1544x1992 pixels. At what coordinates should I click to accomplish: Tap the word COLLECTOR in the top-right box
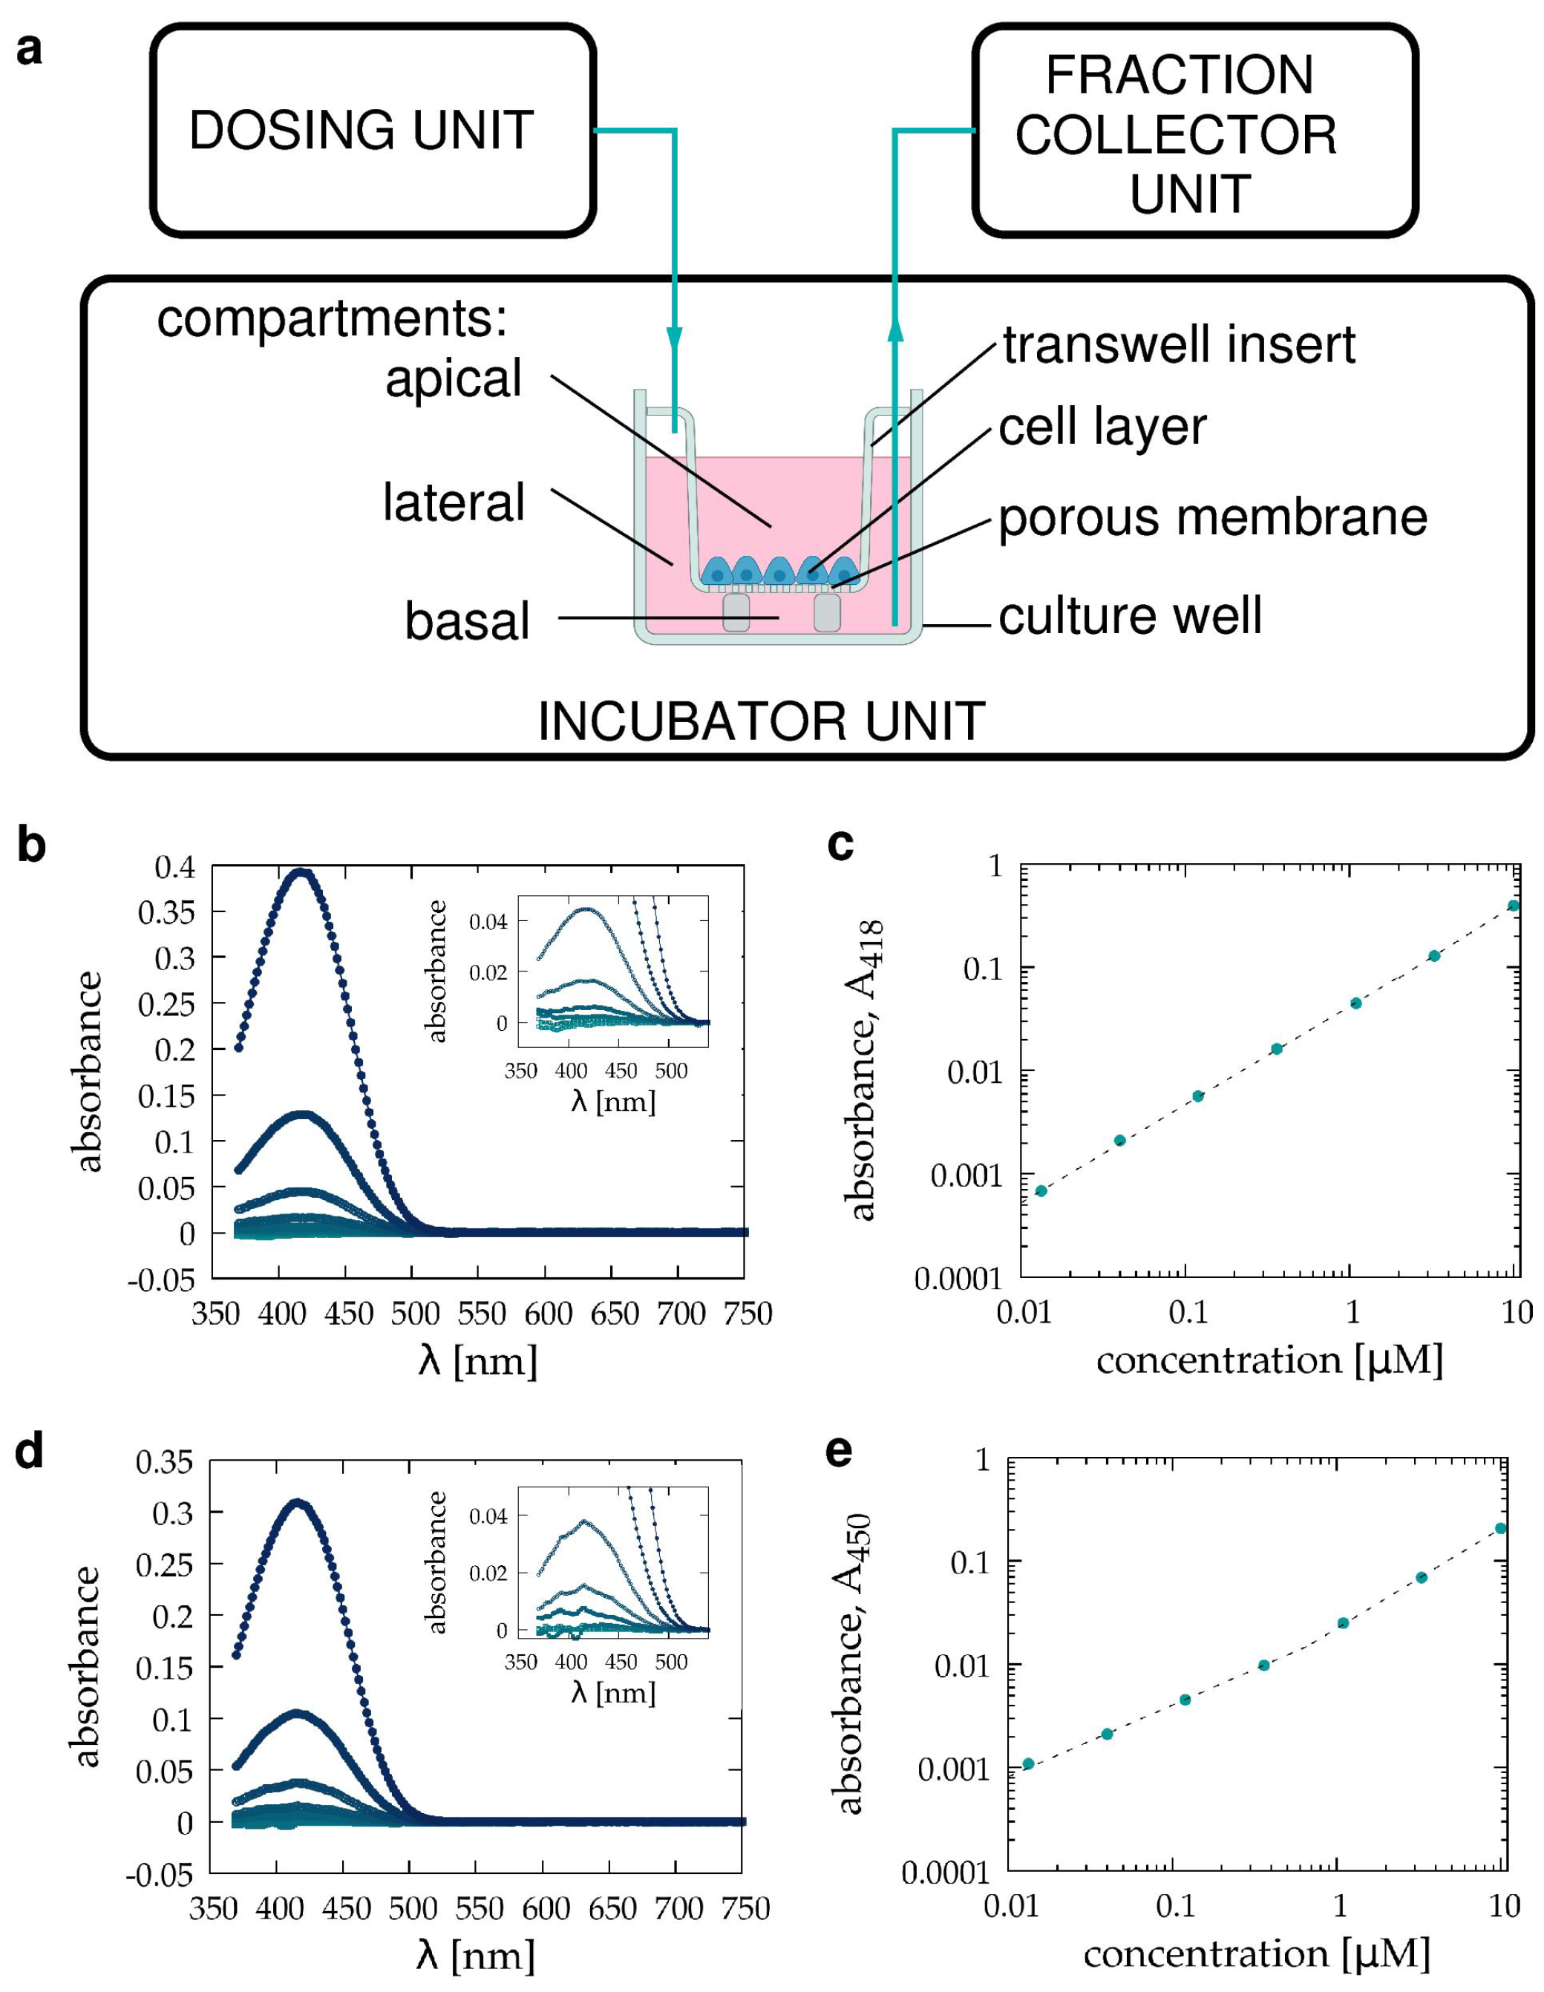point(1176,135)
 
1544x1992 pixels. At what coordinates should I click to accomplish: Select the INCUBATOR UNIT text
point(761,721)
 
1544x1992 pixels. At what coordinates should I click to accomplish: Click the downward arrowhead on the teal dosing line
point(674,339)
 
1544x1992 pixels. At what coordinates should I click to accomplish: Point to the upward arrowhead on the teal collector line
point(894,330)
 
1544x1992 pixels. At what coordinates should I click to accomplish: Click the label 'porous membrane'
point(1212,518)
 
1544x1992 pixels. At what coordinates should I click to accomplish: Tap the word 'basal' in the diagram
point(467,621)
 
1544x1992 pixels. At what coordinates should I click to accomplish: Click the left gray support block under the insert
point(736,612)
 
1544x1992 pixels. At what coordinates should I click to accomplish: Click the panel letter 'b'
point(31,845)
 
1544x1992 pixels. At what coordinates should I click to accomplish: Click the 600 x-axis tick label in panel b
point(547,1314)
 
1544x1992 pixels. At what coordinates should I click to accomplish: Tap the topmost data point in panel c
point(1513,905)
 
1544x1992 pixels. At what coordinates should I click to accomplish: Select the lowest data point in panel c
point(1041,1191)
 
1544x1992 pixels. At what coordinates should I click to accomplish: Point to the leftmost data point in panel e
point(1028,1764)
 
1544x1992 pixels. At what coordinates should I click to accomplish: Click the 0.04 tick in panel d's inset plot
point(488,1517)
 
